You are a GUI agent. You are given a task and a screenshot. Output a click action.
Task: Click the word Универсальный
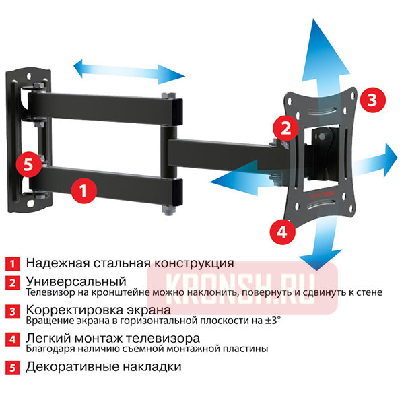click(76, 280)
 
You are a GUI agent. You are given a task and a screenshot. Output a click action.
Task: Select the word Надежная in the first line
click(57, 263)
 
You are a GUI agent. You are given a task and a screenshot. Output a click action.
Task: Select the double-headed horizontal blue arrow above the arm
click(127, 69)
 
